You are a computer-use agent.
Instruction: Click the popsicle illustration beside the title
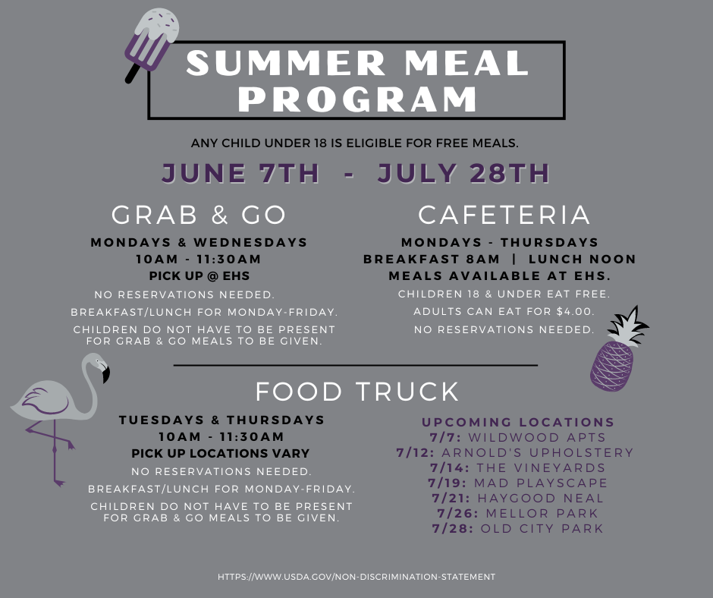[x=152, y=43]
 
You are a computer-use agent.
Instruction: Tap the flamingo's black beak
[x=106, y=374]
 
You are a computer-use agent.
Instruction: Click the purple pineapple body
[x=611, y=366]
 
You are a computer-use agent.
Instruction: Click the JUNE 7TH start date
[x=240, y=173]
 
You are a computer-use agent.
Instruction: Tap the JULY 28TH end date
[x=463, y=173]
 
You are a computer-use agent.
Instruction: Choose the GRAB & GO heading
[x=199, y=215]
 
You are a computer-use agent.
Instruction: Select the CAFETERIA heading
[x=504, y=215]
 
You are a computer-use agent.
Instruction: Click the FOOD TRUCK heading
[x=357, y=392]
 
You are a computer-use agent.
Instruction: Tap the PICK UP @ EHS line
[x=199, y=275]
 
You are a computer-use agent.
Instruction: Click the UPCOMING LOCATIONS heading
[x=518, y=422]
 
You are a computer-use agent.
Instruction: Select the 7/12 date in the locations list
[x=415, y=453]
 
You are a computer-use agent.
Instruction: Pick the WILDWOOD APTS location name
[x=537, y=437]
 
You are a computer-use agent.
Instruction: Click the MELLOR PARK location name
[x=542, y=513]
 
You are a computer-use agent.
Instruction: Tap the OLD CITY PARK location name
[x=542, y=528]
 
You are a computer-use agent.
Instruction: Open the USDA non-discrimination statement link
[x=356, y=577]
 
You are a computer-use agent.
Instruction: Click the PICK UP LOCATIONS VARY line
[x=221, y=453]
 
